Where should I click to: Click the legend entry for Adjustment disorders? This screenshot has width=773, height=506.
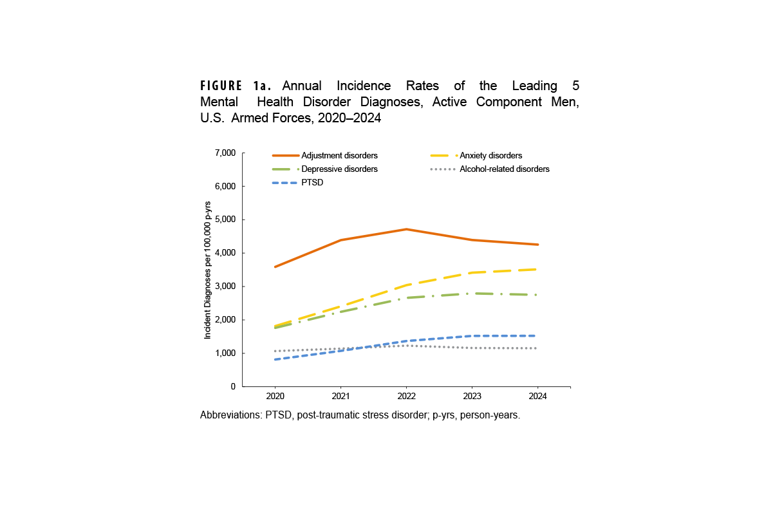point(339,156)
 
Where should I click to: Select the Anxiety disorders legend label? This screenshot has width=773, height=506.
point(490,156)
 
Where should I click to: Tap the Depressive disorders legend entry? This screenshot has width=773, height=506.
point(339,169)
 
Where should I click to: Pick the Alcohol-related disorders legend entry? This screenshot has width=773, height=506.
point(504,169)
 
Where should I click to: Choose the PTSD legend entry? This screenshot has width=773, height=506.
point(312,183)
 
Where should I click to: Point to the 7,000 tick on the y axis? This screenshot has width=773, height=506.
point(225,153)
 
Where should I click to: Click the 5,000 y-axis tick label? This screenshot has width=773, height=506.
point(225,220)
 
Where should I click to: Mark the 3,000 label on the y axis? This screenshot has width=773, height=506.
point(225,286)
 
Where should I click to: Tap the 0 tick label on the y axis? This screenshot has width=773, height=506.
point(233,387)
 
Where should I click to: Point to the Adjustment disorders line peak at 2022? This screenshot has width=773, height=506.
point(406,229)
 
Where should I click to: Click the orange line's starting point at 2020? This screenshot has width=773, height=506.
point(275,267)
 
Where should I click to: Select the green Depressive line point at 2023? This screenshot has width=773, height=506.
point(472,294)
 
